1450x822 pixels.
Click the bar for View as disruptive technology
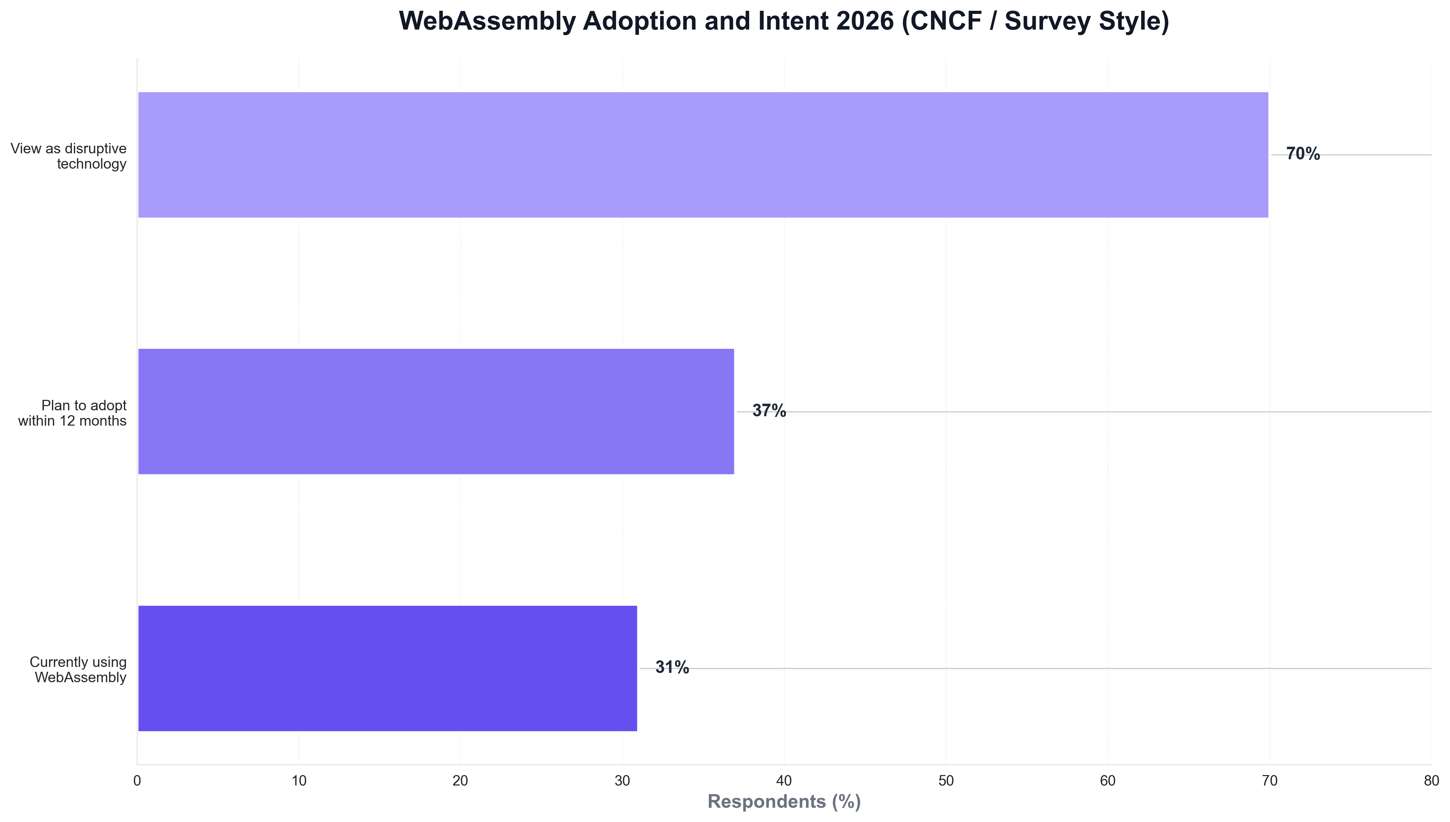tap(703, 155)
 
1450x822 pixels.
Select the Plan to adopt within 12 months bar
tap(436, 412)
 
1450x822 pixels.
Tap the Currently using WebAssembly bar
tap(387, 668)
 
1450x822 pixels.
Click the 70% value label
tap(1303, 154)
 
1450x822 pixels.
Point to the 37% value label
tap(769, 411)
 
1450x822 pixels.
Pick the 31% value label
tap(672, 668)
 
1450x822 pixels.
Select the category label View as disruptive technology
tap(69, 156)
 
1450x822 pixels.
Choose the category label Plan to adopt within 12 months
tap(72, 413)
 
